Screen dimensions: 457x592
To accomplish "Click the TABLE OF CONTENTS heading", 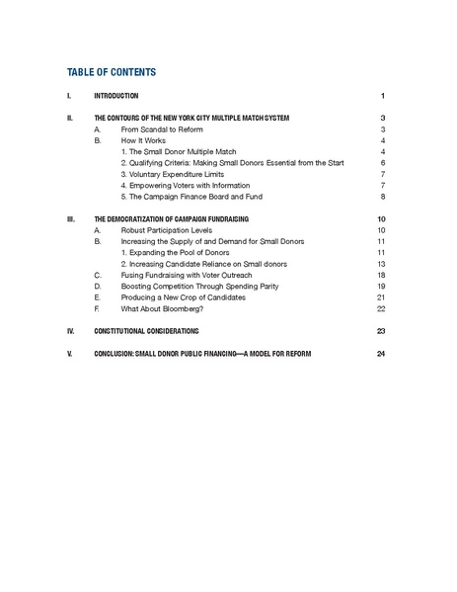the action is (111, 72).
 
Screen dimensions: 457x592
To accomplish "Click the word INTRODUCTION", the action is (115, 96).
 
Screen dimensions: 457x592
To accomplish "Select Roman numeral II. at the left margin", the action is (69, 118).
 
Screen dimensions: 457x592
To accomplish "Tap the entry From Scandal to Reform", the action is (158, 129).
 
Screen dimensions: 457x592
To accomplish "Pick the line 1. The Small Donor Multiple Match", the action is (181, 151).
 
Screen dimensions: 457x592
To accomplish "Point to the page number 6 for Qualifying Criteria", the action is (381, 162).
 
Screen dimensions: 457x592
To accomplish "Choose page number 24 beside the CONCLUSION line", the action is (380, 353).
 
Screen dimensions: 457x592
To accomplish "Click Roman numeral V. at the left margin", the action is (69, 353).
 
